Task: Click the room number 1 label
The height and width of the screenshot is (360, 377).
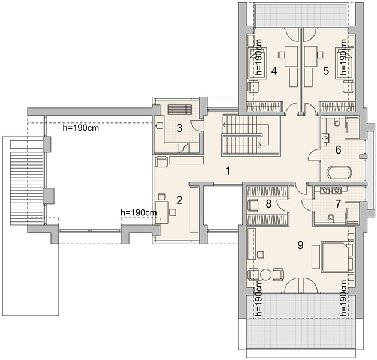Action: coord(228,171)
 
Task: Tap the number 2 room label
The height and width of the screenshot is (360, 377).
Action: coord(179,200)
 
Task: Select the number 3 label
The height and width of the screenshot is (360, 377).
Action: coord(179,128)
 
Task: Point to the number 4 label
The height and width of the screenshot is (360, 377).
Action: coord(274,71)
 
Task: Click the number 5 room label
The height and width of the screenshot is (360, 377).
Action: coord(326,71)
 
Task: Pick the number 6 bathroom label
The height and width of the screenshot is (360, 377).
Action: coord(338,150)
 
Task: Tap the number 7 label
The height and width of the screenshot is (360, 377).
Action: coord(338,204)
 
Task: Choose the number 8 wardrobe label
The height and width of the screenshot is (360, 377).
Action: coord(268,204)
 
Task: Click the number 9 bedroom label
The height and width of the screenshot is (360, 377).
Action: coord(300,245)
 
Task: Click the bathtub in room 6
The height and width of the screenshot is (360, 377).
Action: coord(339,173)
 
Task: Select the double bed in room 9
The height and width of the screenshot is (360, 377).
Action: coord(337,257)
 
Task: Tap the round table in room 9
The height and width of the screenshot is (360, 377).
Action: coord(266,274)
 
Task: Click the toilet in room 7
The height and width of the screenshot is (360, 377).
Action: coord(331,218)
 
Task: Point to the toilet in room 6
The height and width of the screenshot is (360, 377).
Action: coord(337,122)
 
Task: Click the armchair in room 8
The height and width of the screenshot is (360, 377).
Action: coord(253,205)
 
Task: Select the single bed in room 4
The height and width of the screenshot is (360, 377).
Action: coord(258,62)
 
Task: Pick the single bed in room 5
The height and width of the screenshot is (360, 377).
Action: coord(345,62)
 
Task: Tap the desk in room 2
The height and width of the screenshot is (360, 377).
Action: coord(162,212)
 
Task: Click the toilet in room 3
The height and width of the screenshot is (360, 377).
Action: coord(159,125)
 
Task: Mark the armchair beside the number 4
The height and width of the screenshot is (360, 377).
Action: coord(253,86)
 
